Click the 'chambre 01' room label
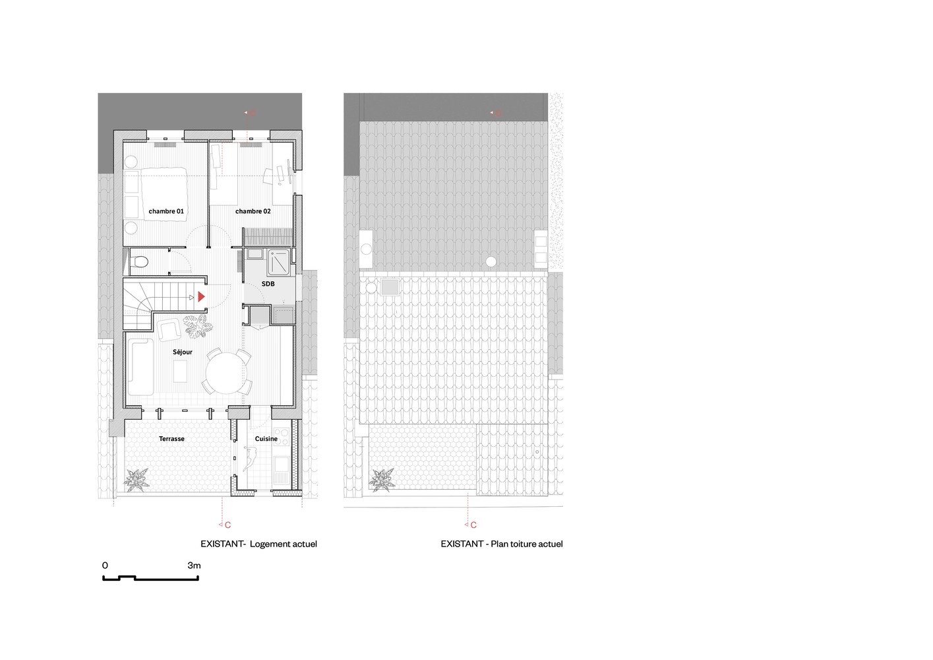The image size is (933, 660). pos(166,211)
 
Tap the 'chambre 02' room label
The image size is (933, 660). pos(253,211)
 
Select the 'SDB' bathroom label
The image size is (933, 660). pos(268,284)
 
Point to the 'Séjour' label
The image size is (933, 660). pos(183,352)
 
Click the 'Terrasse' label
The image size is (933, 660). pos(171,439)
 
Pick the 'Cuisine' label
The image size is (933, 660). pos(266,439)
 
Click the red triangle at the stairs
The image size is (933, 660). pos(201,297)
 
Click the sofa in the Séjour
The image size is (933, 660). pos(140,366)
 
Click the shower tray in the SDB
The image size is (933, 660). pos(278,262)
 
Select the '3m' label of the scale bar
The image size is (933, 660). pos(194,566)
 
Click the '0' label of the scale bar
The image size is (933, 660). pos(105,566)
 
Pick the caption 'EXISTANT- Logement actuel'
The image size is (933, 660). pos(258,544)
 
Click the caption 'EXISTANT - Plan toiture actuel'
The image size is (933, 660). pos(502,544)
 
